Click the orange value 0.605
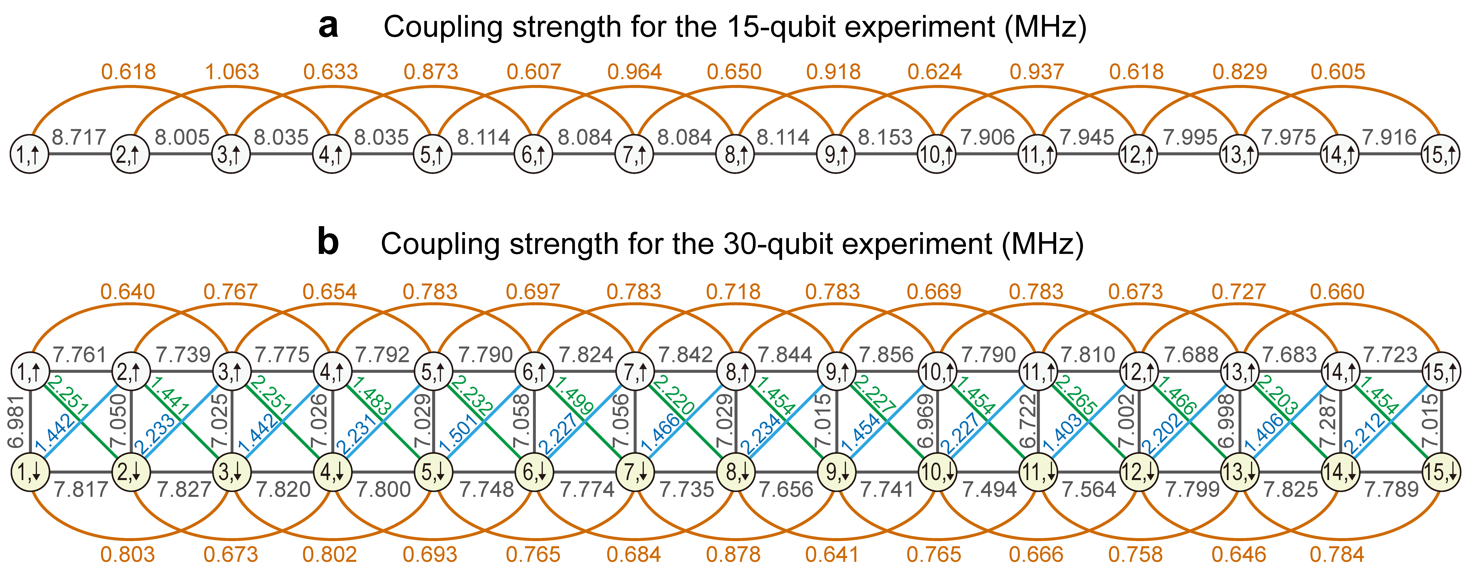1338,72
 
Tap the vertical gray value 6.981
16,422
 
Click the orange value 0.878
733,554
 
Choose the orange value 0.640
128,292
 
